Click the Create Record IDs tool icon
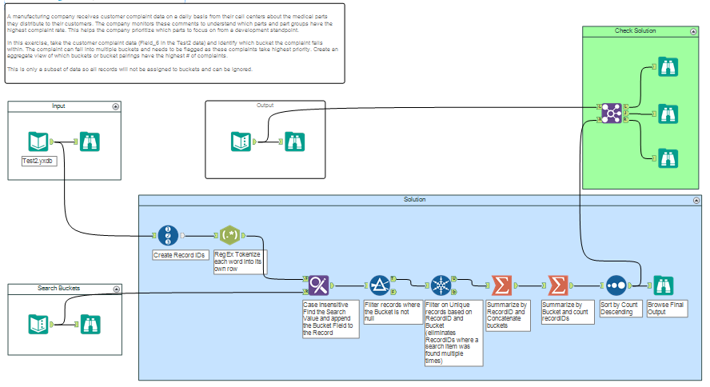click(166, 235)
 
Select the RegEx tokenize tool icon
click(229, 235)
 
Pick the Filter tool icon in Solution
click(379, 285)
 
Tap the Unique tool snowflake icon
click(441, 285)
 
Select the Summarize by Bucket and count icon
click(557, 285)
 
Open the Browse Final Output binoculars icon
click(664, 285)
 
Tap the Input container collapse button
click(116, 106)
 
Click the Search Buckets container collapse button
click(116, 289)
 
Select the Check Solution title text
click(635, 30)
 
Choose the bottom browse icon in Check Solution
click(665, 157)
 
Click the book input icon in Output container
click(241, 142)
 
